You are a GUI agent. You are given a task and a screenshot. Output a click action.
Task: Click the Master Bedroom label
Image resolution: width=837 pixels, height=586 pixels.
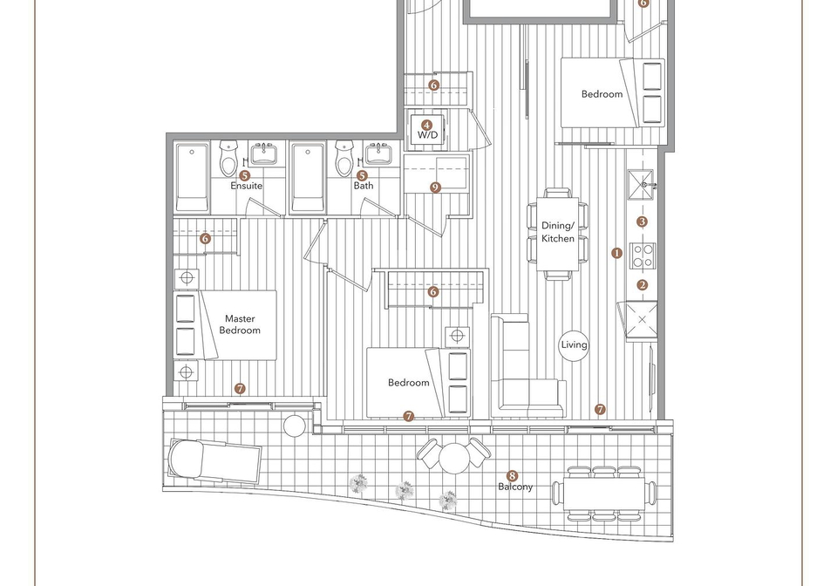(x=240, y=324)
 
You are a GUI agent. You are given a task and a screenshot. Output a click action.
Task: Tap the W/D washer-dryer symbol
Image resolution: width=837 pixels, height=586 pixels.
(x=427, y=130)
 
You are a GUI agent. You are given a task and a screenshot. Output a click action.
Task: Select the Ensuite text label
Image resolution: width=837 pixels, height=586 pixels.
(x=246, y=186)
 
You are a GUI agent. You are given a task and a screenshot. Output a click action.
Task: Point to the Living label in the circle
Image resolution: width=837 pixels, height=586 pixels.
(x=574, y=344)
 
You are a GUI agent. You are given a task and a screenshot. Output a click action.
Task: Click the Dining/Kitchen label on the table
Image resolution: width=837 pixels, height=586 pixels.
(x=558, y=232)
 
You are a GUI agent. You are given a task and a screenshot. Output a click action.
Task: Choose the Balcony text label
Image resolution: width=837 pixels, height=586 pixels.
(x=515, y=487)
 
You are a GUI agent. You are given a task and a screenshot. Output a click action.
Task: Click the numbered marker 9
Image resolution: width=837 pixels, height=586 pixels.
(x=436, y=187)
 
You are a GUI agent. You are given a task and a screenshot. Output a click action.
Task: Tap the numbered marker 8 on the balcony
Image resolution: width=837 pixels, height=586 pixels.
(x=512, y=475)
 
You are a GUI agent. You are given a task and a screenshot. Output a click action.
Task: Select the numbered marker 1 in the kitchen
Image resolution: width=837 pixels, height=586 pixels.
(x=617, y=253)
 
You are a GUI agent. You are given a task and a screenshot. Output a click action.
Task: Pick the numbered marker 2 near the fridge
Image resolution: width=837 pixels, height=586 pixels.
(x=643, y=285)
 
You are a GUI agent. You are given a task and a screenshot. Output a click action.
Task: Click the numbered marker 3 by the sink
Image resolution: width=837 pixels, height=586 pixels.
(x=643, y=221)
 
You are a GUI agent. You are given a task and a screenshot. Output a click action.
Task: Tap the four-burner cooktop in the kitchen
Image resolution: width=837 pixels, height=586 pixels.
(x=643, y=256)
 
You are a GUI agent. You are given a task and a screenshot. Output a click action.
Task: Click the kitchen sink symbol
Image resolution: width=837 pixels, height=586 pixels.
(x=641, y=185)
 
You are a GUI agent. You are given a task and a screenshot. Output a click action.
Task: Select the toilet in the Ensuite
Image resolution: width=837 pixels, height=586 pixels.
(x=228, y=158)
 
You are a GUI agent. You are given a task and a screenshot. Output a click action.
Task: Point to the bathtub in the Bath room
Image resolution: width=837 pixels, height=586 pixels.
(x=308, y=178)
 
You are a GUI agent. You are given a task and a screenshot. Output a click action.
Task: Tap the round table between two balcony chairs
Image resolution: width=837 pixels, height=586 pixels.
(x=453, y=458)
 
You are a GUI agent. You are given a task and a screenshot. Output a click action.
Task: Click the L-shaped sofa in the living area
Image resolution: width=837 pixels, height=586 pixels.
(x=527, y=365)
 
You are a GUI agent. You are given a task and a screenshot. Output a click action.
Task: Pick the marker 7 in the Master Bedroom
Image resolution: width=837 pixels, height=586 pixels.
(x=240, y=389)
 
